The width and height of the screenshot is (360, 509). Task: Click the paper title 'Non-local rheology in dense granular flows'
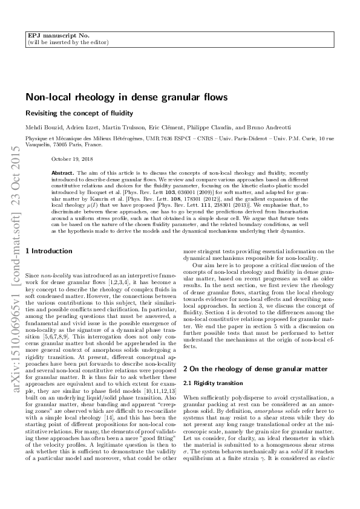coord(126,97)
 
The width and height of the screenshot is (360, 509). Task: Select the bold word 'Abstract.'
coord(63,172)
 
